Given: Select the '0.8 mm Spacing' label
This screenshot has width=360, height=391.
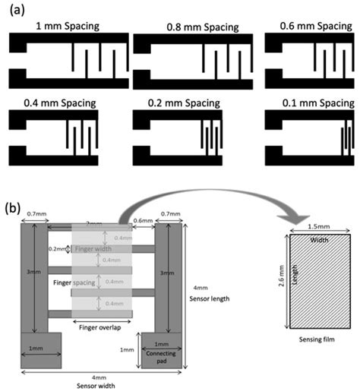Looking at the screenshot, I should pos(202,27).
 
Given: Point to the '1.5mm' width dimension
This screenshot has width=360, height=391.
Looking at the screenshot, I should pos(318,228).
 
